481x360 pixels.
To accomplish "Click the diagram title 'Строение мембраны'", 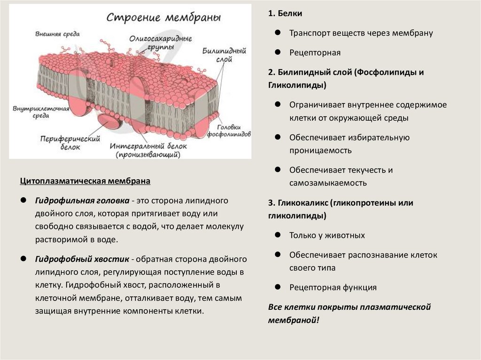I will pyautogui.click(x=163, y=18).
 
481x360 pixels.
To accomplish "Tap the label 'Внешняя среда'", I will pyautogui.click(x=57, y=34).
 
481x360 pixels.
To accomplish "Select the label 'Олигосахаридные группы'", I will pyautogui.click(x=154, y=43).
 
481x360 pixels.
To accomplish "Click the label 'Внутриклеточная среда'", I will pyautogui.click(x=41, y=113).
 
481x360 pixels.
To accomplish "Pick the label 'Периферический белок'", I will pyautogui.click(x=64, y=143).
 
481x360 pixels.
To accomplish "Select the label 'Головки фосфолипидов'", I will pyautogui.click(x=232, y=130).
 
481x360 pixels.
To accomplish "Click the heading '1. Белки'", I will pyautogui.click(x=285, y=14).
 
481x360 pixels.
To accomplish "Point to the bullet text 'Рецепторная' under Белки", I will pyautogui.click(x=314, y=53).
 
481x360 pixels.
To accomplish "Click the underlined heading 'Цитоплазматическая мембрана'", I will pyautogui.click(x=85, y=181).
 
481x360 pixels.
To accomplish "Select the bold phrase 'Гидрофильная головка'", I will pyautogui.click(x=82, y=200).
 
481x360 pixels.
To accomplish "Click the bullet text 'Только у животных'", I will pyautogui.click(x=327, y=235).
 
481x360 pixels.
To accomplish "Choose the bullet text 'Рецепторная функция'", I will pyautogui.click(x=333, y=287).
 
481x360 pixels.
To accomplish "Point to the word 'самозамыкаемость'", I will pyautogui.click(x=328, y=183).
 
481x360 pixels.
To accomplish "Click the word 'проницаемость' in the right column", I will pyautogui.click(x=320, y=151).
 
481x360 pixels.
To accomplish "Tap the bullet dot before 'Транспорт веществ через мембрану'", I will pyautogui.click(x=278, y=33).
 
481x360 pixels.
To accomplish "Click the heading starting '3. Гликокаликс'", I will pyautogui.click(x=341, y=203).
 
